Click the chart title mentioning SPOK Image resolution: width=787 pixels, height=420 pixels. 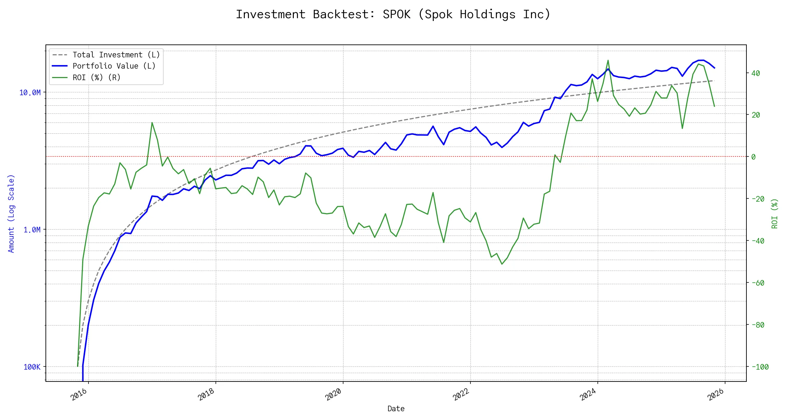point(393,15)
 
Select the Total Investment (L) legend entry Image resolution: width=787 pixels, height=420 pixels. point(116,55)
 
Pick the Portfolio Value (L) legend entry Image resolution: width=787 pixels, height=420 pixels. point(114,66)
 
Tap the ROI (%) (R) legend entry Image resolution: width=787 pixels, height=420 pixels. point(96,77)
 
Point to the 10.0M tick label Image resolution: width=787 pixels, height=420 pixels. point(30,93)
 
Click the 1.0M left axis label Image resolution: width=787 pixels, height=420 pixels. point(32,230)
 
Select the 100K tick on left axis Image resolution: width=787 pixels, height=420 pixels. point(32,367)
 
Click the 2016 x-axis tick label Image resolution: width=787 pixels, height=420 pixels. point(79,395)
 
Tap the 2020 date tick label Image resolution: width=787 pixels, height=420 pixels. point(334,395)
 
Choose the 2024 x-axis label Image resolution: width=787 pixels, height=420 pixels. point(588,395)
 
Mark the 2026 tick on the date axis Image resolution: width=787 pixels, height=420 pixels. point(716,395)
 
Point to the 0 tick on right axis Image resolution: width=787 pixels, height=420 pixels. point(753,157)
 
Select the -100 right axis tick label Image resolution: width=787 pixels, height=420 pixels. point(760,367)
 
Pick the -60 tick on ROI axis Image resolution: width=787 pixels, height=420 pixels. point(758,283)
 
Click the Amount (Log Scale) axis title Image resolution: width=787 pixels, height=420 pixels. point(11,213)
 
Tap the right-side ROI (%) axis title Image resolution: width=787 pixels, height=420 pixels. point(774,213)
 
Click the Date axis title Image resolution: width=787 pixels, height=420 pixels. point(396,409)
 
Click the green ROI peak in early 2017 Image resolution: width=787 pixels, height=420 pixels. point(152,122)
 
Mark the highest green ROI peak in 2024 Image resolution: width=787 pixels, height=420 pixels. point(608,60)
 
